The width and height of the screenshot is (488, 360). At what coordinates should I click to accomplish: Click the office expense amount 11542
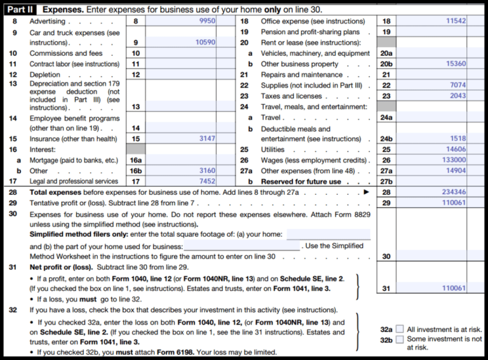point(454,21)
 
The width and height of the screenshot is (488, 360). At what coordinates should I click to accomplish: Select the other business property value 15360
point(454,64)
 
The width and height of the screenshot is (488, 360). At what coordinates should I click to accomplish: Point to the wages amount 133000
point(452,160)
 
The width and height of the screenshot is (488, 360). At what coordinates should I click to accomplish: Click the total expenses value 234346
point(452,192)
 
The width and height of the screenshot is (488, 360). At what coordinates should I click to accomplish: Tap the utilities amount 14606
point(454,149)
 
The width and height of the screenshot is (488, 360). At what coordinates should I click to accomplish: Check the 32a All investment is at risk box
point(400,329)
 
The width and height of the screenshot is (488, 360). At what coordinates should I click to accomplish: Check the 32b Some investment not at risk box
point(400,340)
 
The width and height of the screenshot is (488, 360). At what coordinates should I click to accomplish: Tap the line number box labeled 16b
point(135,171)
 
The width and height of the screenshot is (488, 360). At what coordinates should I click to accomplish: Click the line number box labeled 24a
point(386,117)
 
